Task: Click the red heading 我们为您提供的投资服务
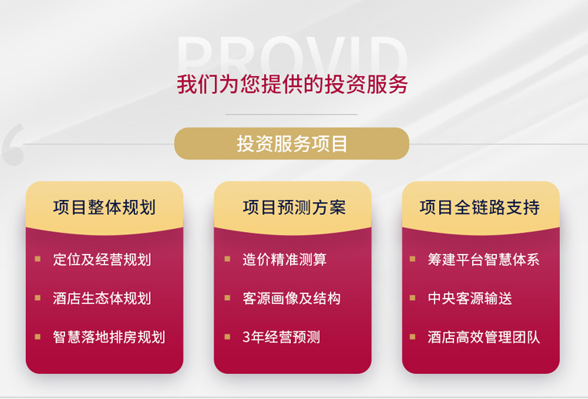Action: click(x=292, y=84)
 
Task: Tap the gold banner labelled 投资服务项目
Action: click(x=292, y=144)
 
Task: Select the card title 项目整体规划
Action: click(x=104, y=207)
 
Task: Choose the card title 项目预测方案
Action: click(x=294, y=207)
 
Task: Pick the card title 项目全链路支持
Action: click(x=480, y=207)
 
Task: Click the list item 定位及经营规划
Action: click(x=102, y=259)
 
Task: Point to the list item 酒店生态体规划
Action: click(x=102, y=299)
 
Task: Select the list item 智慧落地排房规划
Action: click(x=109, y=337)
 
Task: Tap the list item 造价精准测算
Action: click(x=285, y=259)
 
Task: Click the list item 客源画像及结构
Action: click(x=292, y=299)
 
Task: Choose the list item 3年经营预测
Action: click(x=281, y=337)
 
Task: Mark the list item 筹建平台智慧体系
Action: click(x=484, y=259)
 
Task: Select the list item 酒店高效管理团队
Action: click(x=484, y=337)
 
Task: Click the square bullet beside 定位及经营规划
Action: click(x=38, y=259)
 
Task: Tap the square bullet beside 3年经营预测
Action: click(x=227, y=336)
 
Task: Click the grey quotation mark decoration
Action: click(x=13, y=144)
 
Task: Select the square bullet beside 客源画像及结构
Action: click(x=227, y=298)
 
